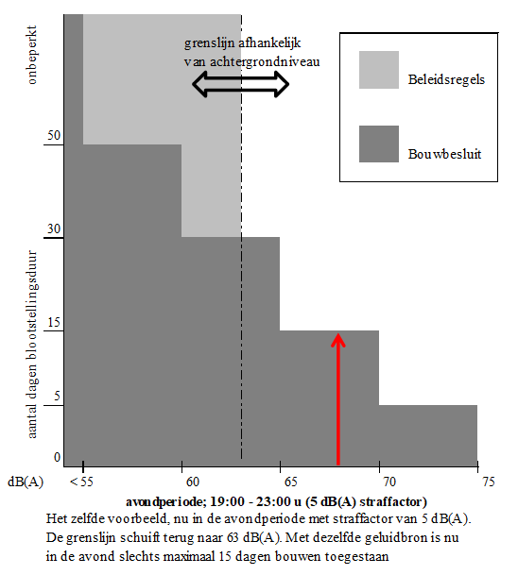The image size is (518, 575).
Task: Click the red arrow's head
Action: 338,339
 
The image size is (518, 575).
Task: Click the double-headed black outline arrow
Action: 241,84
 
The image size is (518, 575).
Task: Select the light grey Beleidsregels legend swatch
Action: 379,70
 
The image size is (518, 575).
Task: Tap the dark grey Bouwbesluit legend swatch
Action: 379,144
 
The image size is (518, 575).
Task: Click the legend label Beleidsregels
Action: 446,79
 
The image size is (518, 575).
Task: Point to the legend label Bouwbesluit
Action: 444,154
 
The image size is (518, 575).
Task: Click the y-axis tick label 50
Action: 54,135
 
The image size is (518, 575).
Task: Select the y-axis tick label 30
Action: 54,228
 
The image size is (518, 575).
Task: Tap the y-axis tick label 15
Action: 54,322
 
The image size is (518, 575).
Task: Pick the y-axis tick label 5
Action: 57,396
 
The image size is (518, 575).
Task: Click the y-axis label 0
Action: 57,457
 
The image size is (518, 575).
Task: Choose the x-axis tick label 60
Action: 193,482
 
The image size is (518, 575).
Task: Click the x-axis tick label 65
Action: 291,482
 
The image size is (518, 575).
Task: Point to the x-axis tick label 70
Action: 389,482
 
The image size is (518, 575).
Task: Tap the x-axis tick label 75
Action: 489,482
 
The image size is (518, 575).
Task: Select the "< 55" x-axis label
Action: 81,482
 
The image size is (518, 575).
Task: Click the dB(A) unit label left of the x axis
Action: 26,482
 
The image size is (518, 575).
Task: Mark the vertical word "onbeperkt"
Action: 32,55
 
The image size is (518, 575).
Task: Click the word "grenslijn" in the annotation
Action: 209,43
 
